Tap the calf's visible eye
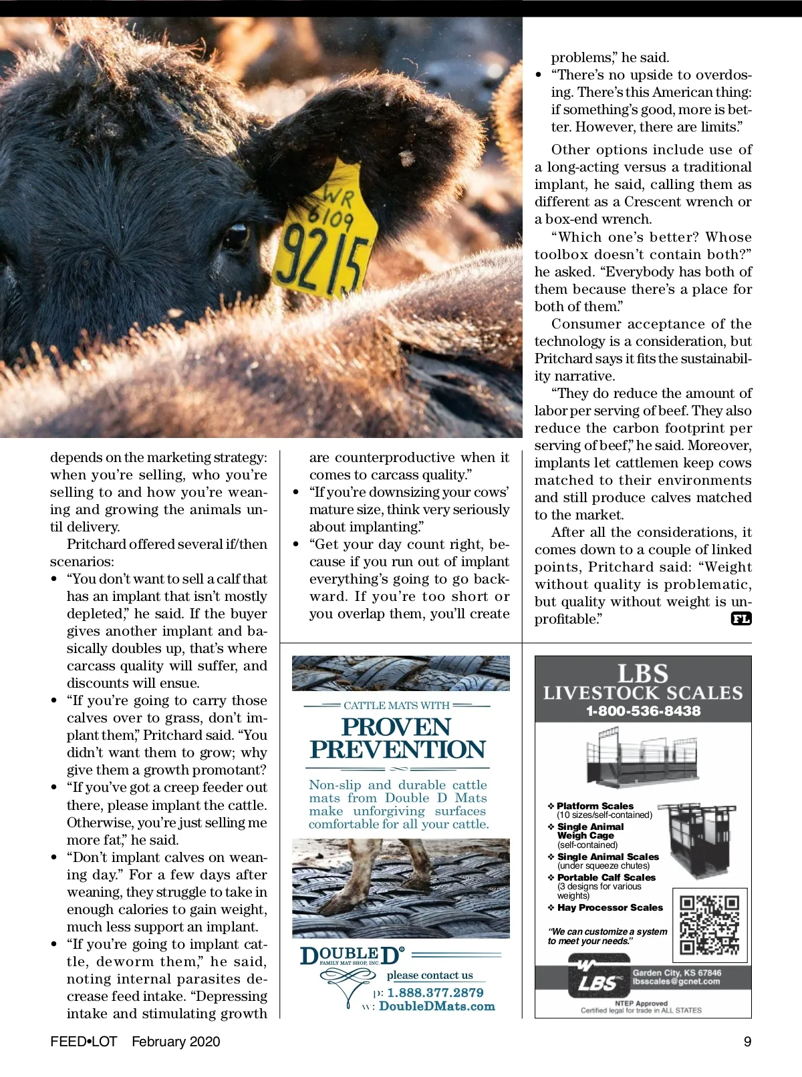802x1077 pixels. pyautogui.click(x=235, y=237)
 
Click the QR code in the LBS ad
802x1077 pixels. pyautogui.click(x=709, y=925)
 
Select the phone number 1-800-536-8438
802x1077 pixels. pyautogui.click(x=643, y=711)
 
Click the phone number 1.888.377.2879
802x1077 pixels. pyautogui.click(x=435, y=993)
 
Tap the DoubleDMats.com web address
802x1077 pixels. pyautogui.click(x=437, y=1007)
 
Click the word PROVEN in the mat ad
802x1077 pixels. pyautogui.click(x=396, y=727)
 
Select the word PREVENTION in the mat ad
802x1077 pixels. pyautogui.click(x=398, y=750)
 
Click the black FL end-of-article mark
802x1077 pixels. pyautogui.click(x=741, y=619)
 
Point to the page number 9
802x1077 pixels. pyautogui.click(x=747, y=1042)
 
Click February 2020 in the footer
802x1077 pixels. pyautogui.click(x=176, y=1042)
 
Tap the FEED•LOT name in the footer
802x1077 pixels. pyautogui.click(x=84, y=1042)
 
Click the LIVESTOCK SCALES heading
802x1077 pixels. pyautogui.click(x=643, y=693)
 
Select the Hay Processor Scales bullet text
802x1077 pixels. pyautogui.click(x=610, y=908)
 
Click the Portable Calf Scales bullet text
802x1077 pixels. pyautogui.click(x=606, y=877)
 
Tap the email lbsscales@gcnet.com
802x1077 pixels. pyautogui.click(x=676, y=982)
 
